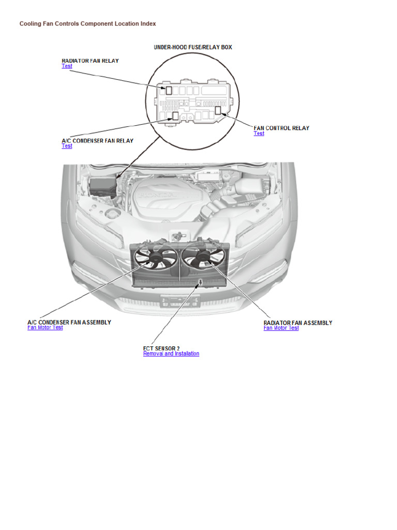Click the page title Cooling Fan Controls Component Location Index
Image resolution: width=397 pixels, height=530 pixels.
[x=87, y=24]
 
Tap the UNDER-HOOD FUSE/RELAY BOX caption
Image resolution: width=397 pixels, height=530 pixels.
[x=193, y=47]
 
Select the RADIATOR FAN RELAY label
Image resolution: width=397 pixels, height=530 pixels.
[x=90, y=61]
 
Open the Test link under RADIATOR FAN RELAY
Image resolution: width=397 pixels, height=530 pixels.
[x=67, y=66]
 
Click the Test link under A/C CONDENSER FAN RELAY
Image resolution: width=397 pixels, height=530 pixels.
[x=67, y=146]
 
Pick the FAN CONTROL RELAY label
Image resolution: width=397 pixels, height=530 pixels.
[x=281, y=128]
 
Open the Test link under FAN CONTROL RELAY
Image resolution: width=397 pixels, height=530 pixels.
[x=258, y=134]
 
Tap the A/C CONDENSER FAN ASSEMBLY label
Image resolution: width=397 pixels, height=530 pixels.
[x=69, y=322]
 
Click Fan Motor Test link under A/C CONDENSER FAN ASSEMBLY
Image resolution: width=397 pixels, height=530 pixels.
[x=45, y=328]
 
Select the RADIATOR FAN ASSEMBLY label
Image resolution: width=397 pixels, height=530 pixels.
[x=298, y=323]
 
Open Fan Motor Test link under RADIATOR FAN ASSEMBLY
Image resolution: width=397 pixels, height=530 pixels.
[x=281, y=328]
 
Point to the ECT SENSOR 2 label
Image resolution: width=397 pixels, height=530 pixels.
[x=161, y=348]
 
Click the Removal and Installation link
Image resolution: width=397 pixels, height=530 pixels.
[x=171, y=354]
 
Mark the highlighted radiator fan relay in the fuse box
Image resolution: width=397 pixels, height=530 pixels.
[x=169, y=90]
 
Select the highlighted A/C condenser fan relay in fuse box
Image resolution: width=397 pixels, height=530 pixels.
[x=175, y=115]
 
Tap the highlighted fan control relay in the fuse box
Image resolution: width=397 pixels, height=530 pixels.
[x=218, y=110]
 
